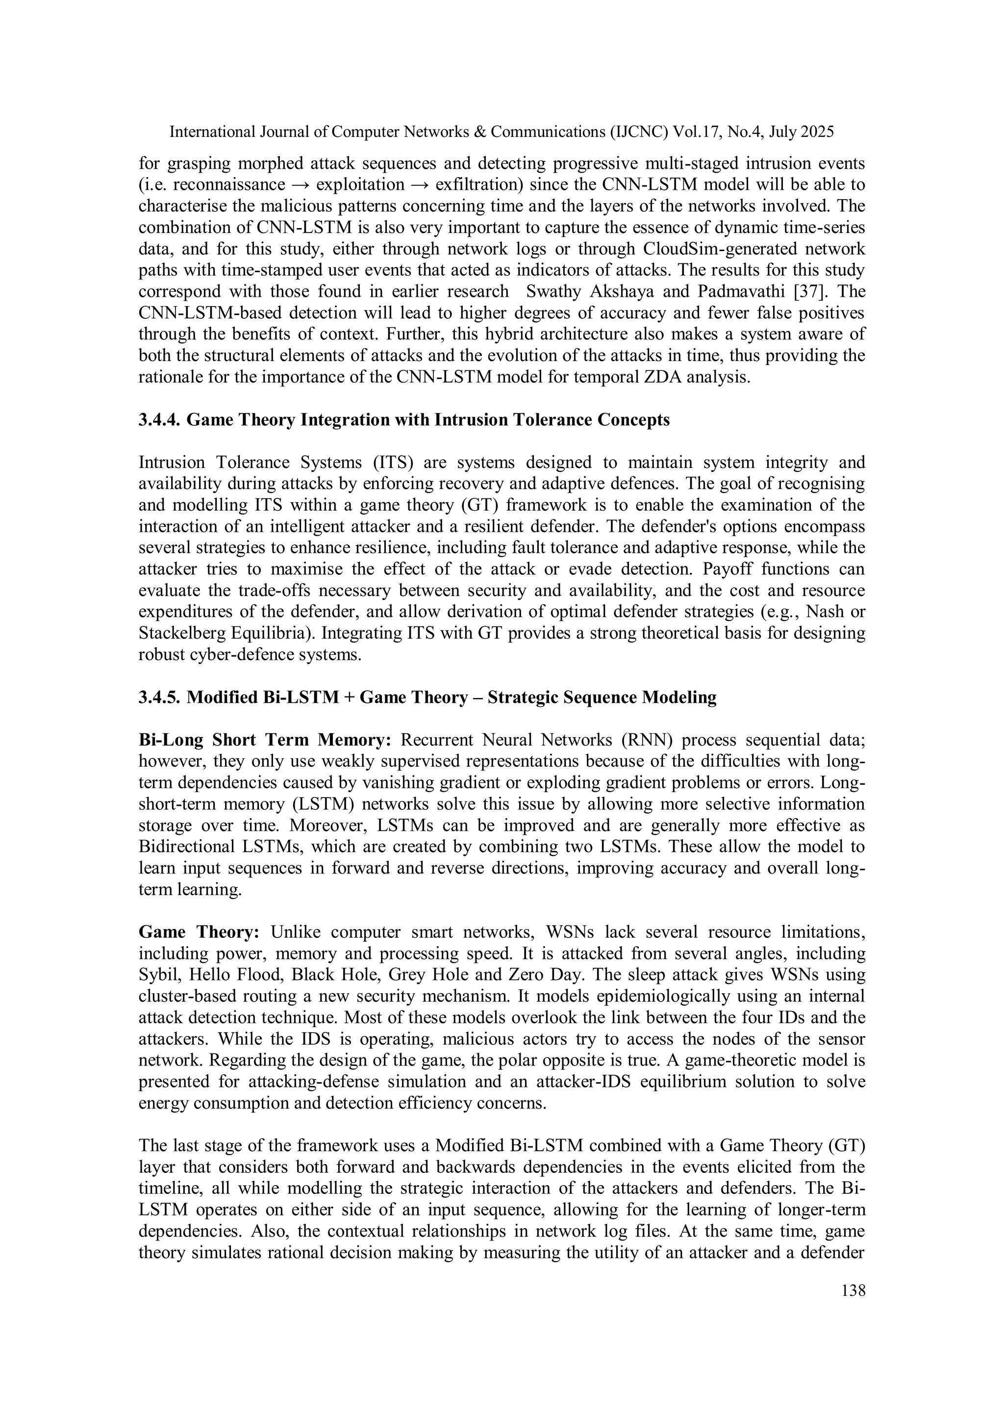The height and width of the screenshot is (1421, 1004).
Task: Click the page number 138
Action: pyautogui.click(x=853, y=1291)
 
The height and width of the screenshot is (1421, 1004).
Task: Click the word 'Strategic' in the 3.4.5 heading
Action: pyautogui.click(x=524, y=698)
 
